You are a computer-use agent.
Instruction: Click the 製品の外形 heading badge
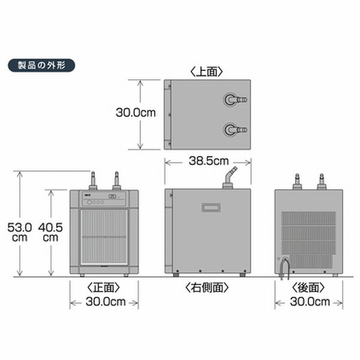40,65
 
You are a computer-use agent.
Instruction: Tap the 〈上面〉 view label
207,71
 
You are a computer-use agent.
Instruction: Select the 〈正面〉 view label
104,287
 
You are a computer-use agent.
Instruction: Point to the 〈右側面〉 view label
208,287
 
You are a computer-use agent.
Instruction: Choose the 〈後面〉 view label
308,287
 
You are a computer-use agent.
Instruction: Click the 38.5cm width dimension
208,161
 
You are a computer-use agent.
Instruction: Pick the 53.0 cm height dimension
20,232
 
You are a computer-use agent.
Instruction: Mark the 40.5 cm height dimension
50,232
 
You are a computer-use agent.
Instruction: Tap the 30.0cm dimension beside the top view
136,112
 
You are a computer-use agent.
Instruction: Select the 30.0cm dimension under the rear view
308,302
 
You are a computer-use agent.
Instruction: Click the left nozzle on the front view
93,181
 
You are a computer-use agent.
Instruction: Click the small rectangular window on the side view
212,208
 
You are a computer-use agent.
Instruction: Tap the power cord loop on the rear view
284,265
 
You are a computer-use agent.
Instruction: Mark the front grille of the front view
104,236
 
